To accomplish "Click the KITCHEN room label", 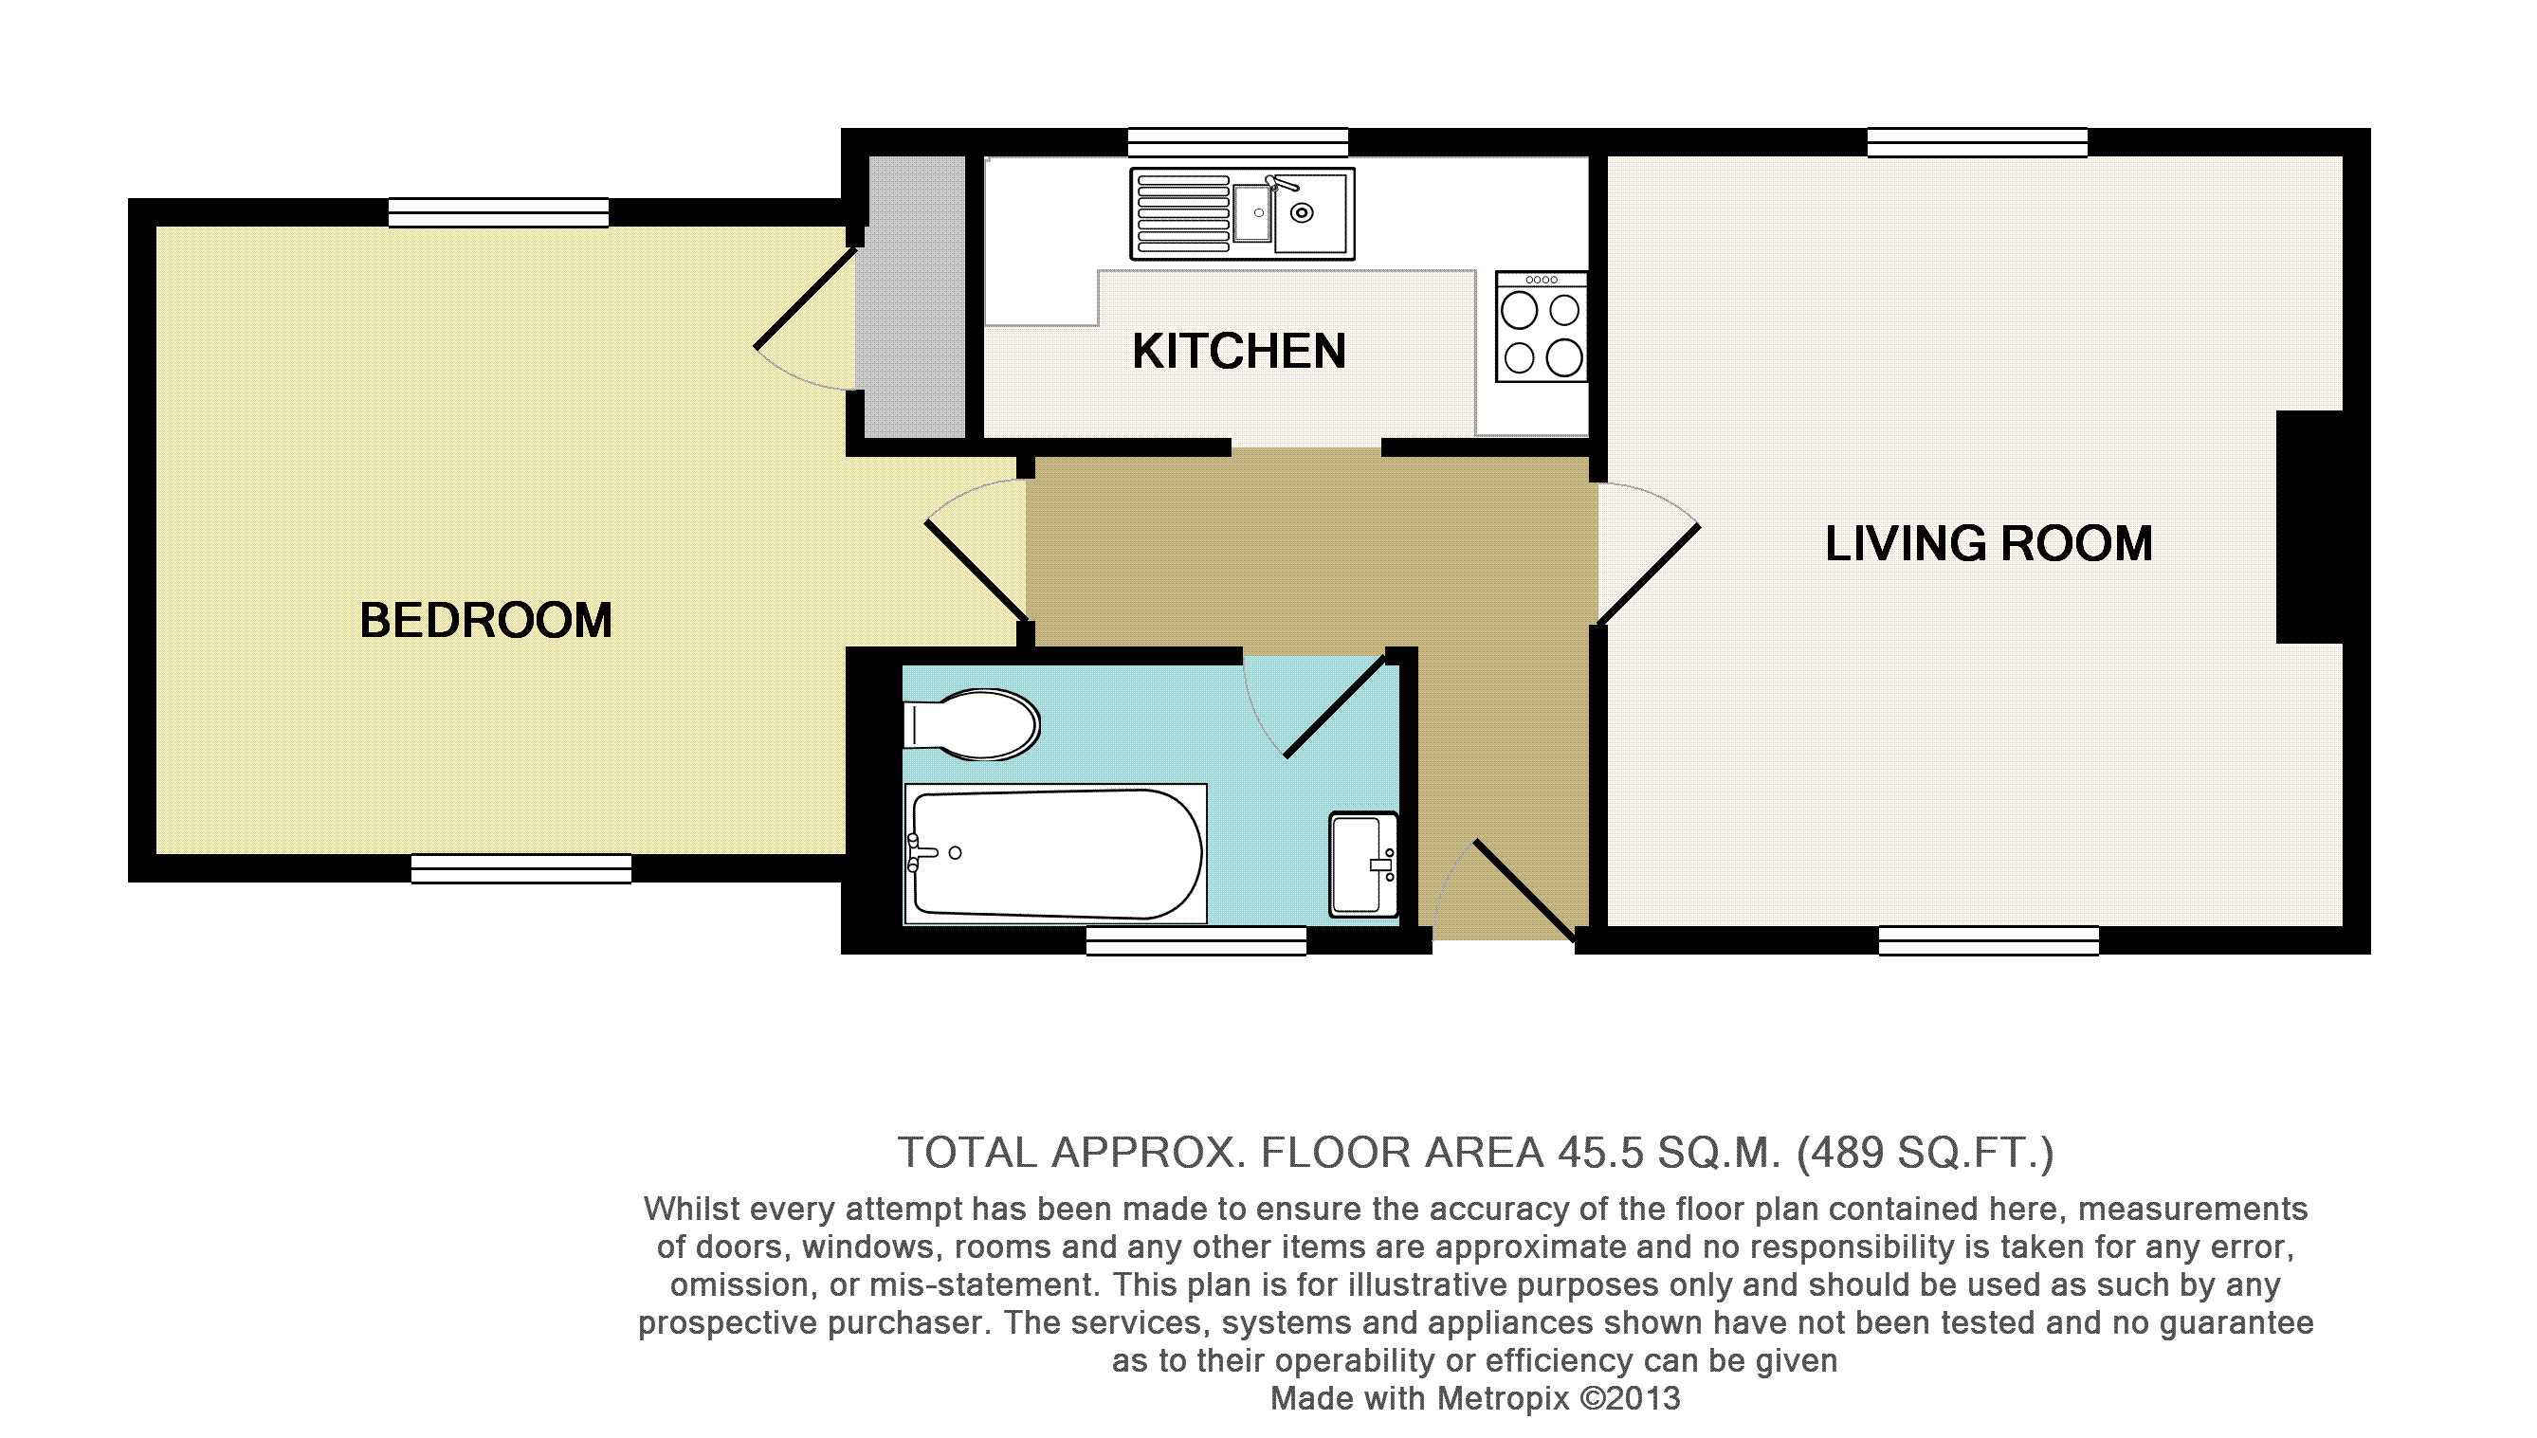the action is (x=1238, y=351).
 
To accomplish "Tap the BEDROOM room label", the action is (x=485, y=620).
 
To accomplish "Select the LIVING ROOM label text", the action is (x=1988, y=543).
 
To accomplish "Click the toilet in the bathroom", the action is (x=972, y=724).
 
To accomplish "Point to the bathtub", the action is (x=1056, y=854).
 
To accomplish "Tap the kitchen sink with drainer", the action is (x=1242, y=213).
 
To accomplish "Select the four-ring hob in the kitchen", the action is (x=1542, y=327).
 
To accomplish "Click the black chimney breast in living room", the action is (x=2309, y=527).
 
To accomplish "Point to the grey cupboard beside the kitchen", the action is (x=910, y=297).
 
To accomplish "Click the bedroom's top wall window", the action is (x=499, y=212).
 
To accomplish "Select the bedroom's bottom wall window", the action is (x=521, y=868).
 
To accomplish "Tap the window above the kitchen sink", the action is (x=1238, y=142).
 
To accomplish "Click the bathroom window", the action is (x=1196, y=940).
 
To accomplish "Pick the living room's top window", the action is (x=1978, y=142).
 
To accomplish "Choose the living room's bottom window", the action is (x=1989, y=940).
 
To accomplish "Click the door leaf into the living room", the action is (x=1650, y=574).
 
